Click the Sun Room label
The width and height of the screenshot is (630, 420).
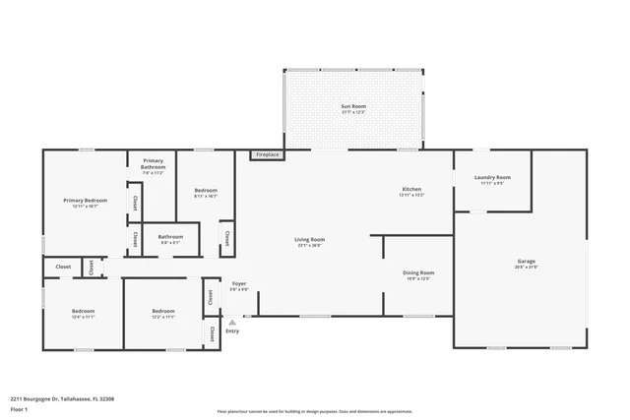tap(353, 105)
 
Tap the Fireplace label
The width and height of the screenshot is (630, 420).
tap(267, 155)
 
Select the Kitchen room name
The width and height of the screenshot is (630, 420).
tap(411, 189)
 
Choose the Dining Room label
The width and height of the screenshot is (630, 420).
tap(418, 272)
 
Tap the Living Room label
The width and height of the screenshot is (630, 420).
tap(309, 240)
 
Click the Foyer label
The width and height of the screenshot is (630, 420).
tap(238, 283)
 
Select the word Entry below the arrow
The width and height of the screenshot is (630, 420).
tap(232, 330)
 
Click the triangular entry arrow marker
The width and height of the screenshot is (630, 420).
tap(232, 322)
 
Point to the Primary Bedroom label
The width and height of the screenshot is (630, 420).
tap(86, 200)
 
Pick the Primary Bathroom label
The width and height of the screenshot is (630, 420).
tap(153, 163)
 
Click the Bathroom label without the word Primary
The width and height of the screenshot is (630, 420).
tap(170, 236)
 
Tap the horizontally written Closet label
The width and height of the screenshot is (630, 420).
tap(63, 267)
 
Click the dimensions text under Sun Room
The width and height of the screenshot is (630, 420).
tap(353, 111)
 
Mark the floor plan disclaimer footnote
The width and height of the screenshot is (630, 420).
tap(314, 412)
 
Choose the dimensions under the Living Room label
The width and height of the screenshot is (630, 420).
tap(309, 246)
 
